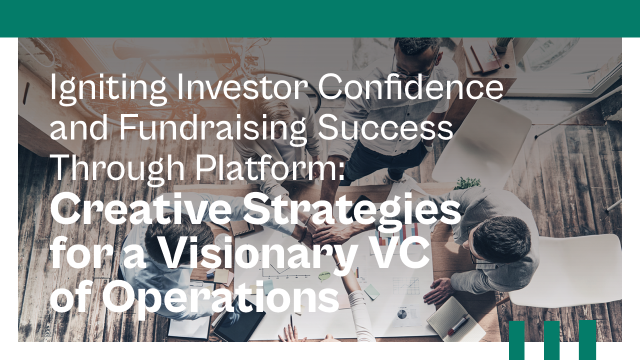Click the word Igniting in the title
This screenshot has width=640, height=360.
(x=98, y=88)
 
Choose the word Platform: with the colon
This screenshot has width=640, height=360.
(x=270, y=168)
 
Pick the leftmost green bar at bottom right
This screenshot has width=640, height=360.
(x=516, y=340)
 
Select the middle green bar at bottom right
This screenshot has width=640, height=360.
(x=551, y=340)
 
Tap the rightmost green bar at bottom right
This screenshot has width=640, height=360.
(x=587, y=340)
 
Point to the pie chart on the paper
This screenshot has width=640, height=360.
(x=402, y=314)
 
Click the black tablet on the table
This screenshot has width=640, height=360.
(x=239, y=325)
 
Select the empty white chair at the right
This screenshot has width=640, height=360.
(x=570, y=270)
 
